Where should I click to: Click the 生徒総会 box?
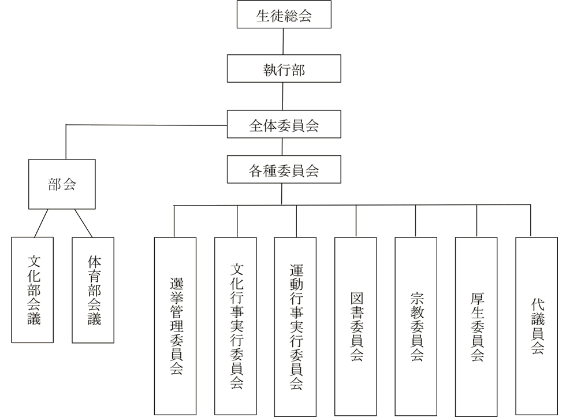click(x=283, y=16)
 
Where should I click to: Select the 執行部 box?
click(x=283, y=70)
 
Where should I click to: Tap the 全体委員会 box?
click(x=283, y=125)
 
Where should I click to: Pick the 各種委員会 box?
click(x=283, y=170)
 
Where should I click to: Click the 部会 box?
click(x=62, y=185)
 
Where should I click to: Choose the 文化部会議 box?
click(x=33, y=290)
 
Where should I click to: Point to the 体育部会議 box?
click(x=93, y=290)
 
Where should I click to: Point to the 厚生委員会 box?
click(x=477, y=326)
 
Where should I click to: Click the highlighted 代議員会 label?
click(x=537, y=326)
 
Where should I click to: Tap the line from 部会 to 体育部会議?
click(x=84, y=224)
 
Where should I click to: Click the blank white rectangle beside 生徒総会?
click(x=135, y=20)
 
